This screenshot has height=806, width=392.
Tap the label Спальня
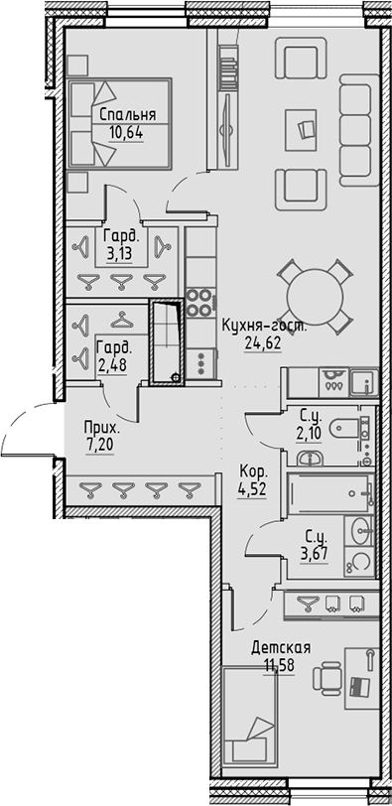[x=126, y=114]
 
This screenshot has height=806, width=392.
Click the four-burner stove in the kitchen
[x=201, y=301]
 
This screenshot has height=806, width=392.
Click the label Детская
[x=281, y=648]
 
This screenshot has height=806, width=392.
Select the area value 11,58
[x=281, y=665]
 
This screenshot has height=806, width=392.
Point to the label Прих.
[x=103, y=428]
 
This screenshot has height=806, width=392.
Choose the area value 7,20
[x=103, y=445]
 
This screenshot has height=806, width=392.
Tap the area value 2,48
[x=112, y=362]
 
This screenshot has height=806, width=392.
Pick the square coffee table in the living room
[x=302, y=128]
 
